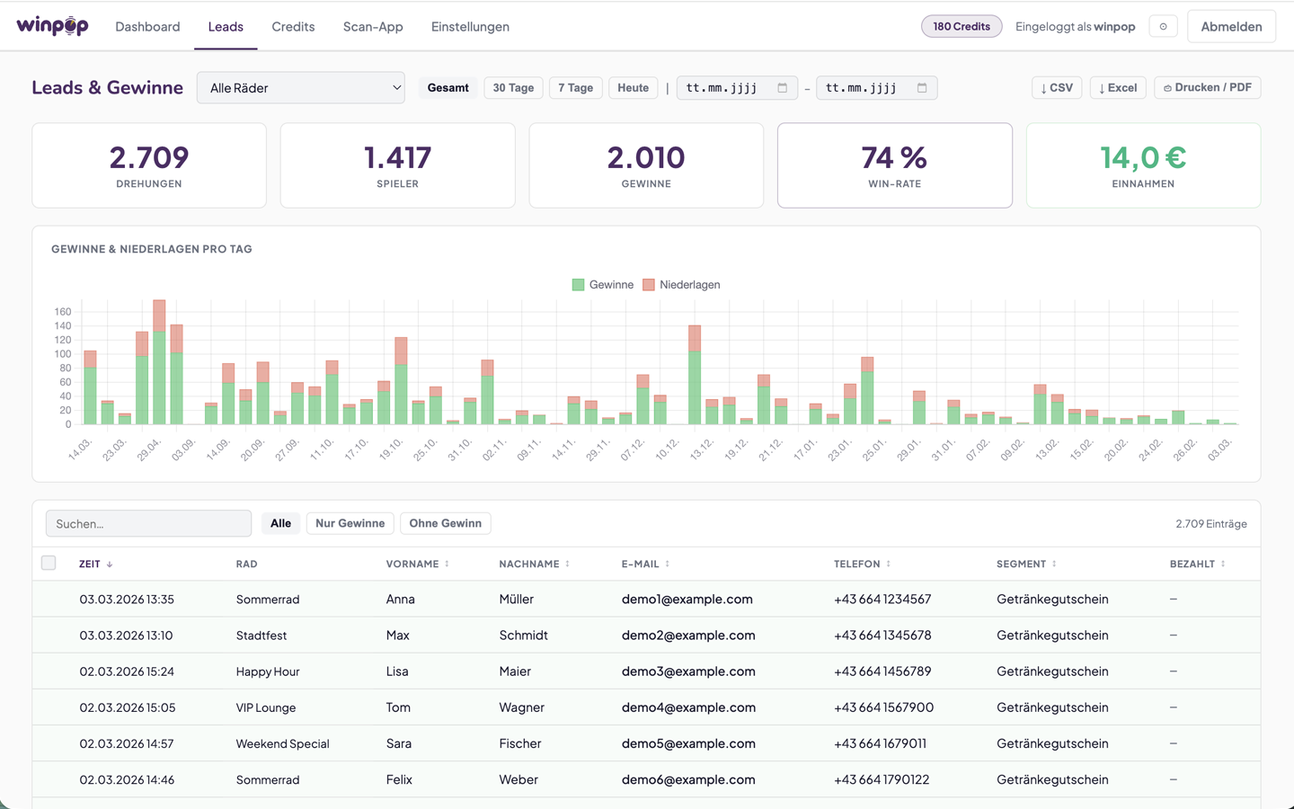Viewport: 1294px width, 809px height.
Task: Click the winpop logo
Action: coord(52,26)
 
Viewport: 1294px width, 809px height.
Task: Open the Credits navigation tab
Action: coord(293,27)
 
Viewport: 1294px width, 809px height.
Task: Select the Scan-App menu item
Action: coord(373,27)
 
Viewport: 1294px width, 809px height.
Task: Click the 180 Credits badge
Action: coord(961,27)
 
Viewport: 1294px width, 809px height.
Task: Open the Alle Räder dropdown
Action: coord(300,88)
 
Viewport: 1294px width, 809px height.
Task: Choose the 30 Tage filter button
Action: coord(513,88)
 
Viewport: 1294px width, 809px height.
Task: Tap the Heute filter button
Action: coord(633,88)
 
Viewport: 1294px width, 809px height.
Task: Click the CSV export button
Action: coord(1057,88)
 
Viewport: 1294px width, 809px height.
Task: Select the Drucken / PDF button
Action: coord(1207,88)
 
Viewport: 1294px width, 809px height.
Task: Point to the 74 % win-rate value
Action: coord(894,158)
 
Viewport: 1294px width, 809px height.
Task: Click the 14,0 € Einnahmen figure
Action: coord(1143,158)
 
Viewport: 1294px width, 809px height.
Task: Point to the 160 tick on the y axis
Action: coord(62,312)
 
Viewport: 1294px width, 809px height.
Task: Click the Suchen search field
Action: coord(148,523)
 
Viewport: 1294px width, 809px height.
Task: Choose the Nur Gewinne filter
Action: coord(350,523)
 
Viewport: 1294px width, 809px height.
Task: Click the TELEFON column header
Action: coord(856,564)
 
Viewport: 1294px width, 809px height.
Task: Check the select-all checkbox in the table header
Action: coord(49,563)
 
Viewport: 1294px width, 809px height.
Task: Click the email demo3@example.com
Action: coord(688,671)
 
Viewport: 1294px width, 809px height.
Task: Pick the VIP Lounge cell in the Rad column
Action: coord(266,707)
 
